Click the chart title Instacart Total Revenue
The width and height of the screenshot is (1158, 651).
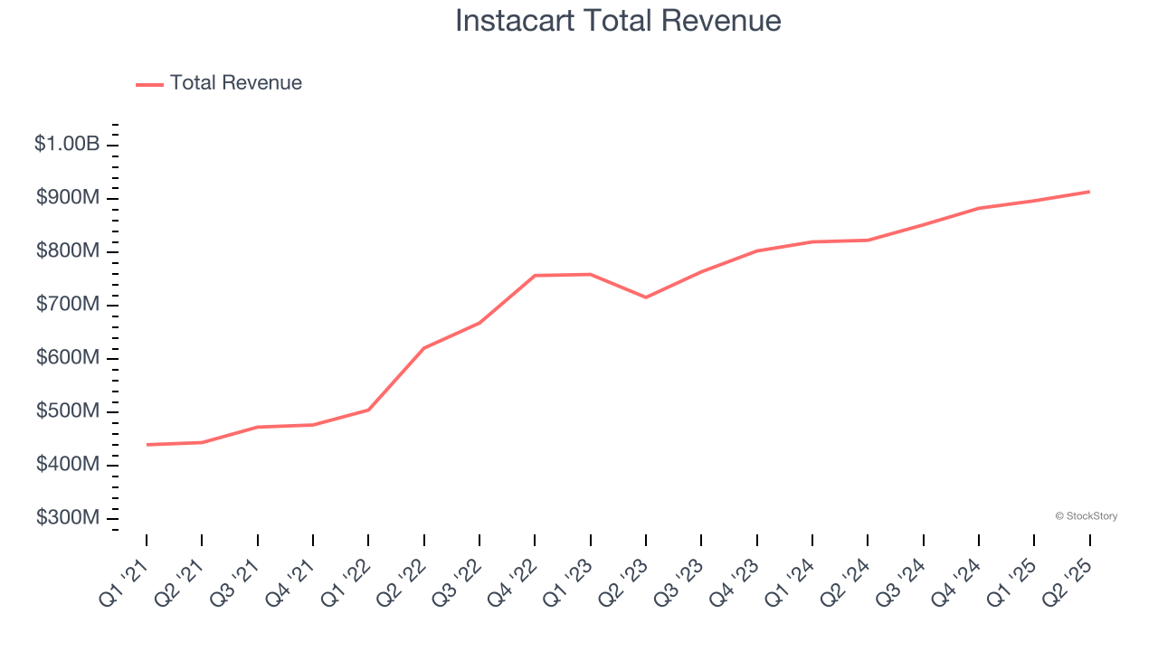coord(618,21)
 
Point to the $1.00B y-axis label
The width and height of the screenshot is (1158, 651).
coord(67,144)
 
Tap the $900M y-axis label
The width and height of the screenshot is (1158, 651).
coord(68,198)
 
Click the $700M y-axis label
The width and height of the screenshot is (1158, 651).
coord(68,305)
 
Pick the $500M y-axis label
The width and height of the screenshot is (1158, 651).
coord(68,411)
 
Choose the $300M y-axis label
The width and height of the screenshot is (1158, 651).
coord(68,518)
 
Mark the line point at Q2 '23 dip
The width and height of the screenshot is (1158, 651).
coord(646,297)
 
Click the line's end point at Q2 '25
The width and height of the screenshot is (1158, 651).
coord(1089,192)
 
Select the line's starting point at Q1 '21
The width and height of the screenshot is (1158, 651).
coord(147,444)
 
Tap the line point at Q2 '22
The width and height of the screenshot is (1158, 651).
coord(424,348)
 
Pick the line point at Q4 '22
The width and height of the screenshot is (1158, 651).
coord(535,276)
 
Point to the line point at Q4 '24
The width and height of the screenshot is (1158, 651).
coord(979,208)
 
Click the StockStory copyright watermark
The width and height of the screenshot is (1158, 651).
coord(1086,516)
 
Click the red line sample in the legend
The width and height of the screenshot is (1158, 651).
coord(149,84)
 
